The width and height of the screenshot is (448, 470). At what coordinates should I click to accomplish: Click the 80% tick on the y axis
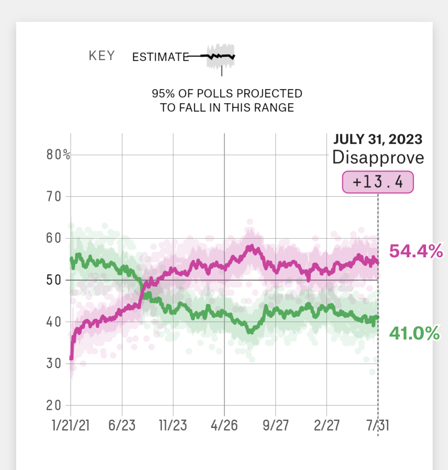[58, 155]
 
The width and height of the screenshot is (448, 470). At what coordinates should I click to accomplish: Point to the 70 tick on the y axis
[54, 197]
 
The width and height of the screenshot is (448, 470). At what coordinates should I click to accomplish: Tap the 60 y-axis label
[54, 238]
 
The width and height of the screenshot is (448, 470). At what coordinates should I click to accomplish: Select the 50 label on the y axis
[54, 280]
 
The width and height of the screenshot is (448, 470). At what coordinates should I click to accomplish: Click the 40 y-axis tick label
[54, 322]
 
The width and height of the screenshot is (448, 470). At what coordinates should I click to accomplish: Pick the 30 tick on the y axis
[54, 364]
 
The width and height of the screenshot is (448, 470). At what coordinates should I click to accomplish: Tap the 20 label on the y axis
[54, 405]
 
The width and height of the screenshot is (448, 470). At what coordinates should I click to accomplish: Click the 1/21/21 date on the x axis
[71, 425]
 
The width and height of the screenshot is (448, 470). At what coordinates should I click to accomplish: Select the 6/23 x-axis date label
[122, 425]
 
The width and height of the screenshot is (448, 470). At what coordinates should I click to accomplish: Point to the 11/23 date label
[173, 425]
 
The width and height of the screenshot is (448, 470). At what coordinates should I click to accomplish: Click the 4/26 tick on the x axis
[224, 425]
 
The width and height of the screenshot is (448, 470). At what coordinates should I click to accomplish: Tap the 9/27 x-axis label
[276, 425]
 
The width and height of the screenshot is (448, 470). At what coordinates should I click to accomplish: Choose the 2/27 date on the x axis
[327, 425]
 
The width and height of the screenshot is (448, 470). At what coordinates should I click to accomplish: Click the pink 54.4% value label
[416, 251]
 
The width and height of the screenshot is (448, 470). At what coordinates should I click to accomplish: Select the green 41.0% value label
[414, 333]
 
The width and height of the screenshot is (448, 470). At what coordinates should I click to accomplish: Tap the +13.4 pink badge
[378, 182]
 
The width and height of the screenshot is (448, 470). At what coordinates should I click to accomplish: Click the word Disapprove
[378, 157]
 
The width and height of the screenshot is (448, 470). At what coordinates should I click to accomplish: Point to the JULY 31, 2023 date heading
[378, 139]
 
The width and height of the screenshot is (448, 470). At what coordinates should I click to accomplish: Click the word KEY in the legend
[102, 56]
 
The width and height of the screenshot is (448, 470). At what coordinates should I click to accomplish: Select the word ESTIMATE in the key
[161, 57]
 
